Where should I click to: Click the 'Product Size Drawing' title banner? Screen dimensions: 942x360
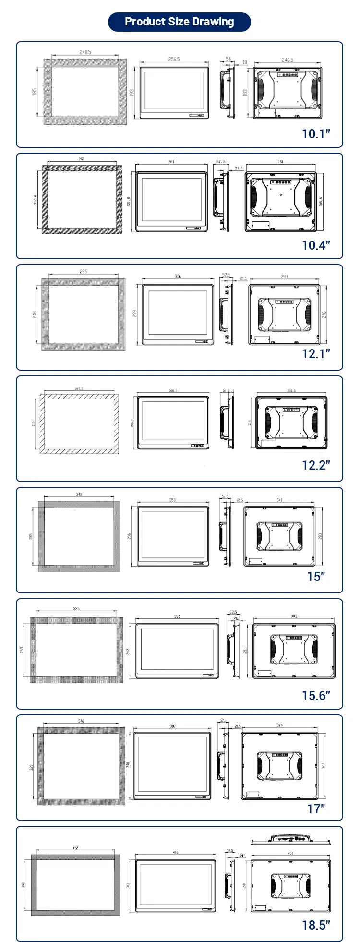180,22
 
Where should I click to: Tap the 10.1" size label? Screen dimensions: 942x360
316,134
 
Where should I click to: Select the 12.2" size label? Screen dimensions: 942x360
316,465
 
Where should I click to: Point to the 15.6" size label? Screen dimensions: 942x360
316,695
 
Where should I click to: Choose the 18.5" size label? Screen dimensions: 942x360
316,925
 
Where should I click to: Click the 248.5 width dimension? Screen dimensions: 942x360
85,52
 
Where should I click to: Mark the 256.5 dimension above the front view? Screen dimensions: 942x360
174,60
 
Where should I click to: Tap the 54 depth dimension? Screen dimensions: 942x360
228,59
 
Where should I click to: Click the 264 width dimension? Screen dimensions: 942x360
171,162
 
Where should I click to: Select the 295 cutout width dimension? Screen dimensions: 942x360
84,272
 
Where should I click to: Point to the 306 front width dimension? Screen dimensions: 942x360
178,277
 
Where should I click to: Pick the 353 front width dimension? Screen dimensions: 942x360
172,500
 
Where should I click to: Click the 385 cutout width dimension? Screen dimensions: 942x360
76,609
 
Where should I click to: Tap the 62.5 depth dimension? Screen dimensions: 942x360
233,612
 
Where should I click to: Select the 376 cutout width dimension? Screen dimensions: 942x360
81,721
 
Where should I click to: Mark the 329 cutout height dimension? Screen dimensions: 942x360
32,767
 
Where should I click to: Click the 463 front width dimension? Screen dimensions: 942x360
175,852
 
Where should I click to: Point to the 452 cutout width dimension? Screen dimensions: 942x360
75,848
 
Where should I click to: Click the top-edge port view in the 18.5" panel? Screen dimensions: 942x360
291,839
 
